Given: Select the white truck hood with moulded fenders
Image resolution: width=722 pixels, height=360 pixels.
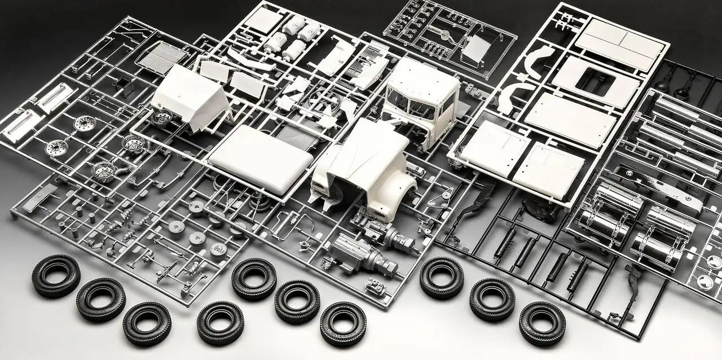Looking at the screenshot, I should (367, 164).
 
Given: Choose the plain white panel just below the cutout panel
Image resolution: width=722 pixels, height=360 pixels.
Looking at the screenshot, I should (570, 120).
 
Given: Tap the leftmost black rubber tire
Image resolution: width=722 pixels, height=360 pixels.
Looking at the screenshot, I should (55, 275).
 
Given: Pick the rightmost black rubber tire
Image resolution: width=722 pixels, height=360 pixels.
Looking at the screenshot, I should (542, 323).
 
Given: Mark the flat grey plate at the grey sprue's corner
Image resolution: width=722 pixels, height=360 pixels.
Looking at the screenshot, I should (41, 198).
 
